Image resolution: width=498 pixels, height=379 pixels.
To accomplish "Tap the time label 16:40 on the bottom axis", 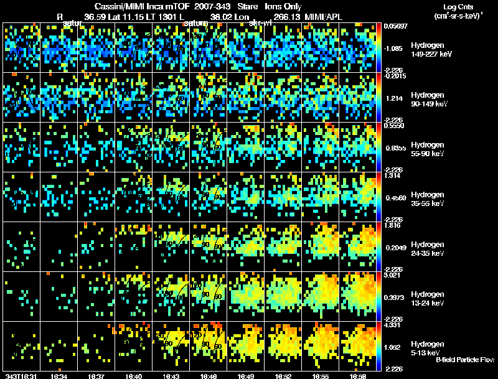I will (134, 376).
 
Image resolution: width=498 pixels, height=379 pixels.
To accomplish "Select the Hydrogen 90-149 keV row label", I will (429, 100).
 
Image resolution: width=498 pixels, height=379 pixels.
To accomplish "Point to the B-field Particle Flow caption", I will (464, 360).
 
